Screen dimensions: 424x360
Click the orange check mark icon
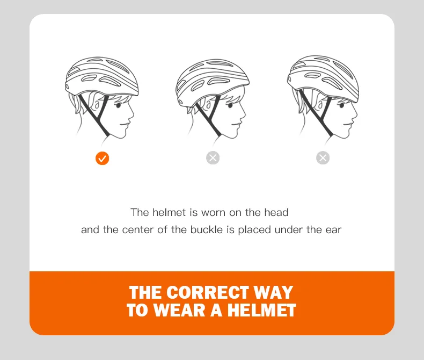102,159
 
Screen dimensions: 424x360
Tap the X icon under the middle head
213,158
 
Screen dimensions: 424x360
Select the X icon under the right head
323,158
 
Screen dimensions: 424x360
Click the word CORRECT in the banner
207,292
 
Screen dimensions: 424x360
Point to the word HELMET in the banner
261,310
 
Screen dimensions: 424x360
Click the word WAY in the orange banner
273,292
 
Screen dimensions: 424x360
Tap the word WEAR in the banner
179,310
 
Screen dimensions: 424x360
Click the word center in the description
138,230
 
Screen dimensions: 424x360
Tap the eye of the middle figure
230,105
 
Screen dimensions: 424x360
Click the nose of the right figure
355,117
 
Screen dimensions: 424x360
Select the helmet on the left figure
101,76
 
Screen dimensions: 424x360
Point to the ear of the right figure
320,105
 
